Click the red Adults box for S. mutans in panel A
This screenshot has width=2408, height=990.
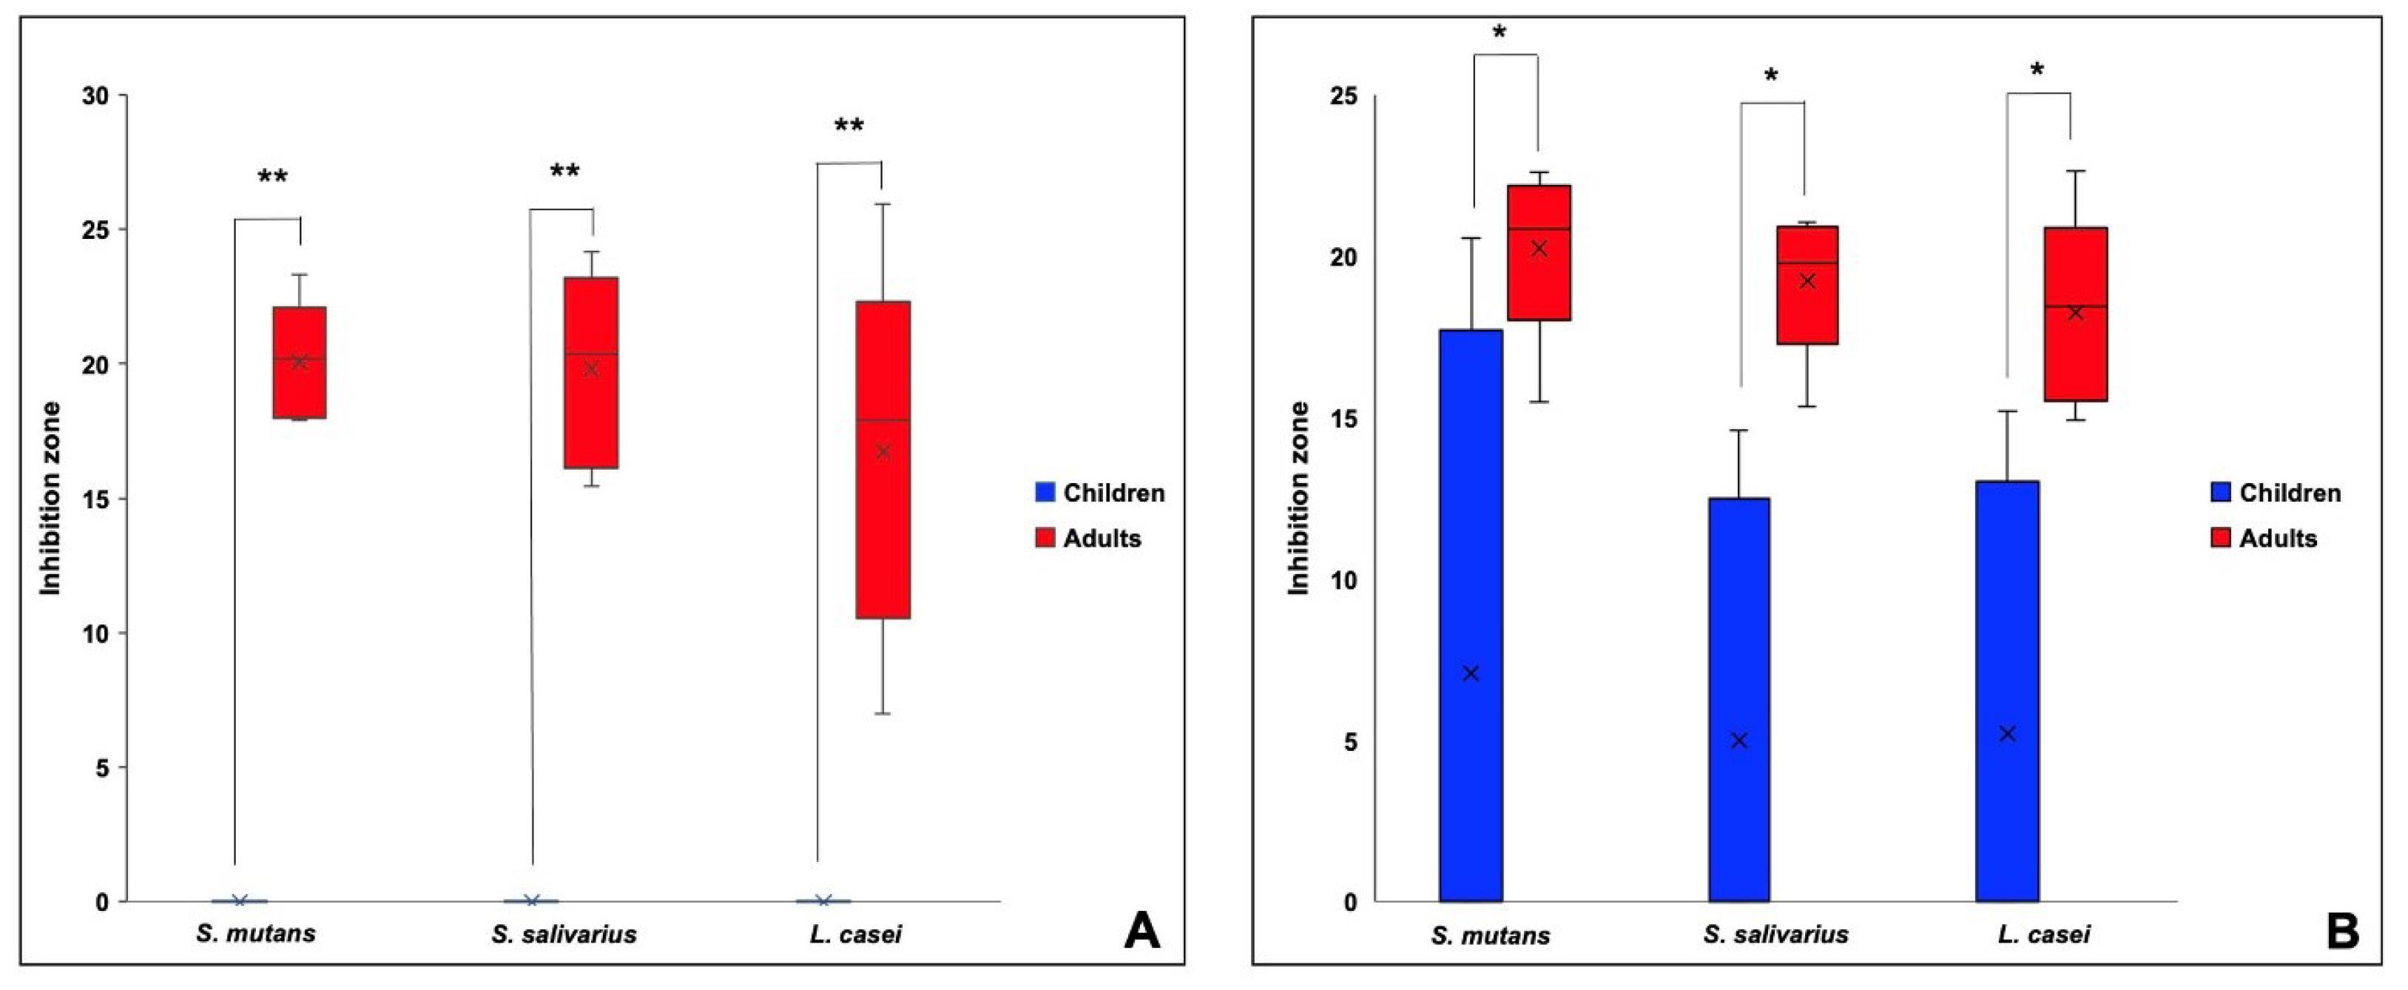(x=299, y=362)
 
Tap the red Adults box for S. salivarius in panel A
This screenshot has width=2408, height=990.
(x=591, y=372)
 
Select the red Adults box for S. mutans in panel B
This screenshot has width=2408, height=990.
(x=1539, y=252)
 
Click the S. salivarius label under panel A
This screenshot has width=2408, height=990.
(x=564, y=934)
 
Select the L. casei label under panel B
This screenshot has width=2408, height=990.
(x=2043, y=935)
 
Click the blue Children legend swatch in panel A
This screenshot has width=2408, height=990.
(x=1045, y=493)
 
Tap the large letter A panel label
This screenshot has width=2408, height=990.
(x=1141, y=932)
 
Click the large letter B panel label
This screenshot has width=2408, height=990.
(x=2341, y=932)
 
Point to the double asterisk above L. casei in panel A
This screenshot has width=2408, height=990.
(x=849, y=127)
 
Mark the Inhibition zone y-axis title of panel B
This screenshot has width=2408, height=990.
(x=1298, y=498)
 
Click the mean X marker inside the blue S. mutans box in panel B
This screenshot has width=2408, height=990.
(x=1471, y=673)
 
